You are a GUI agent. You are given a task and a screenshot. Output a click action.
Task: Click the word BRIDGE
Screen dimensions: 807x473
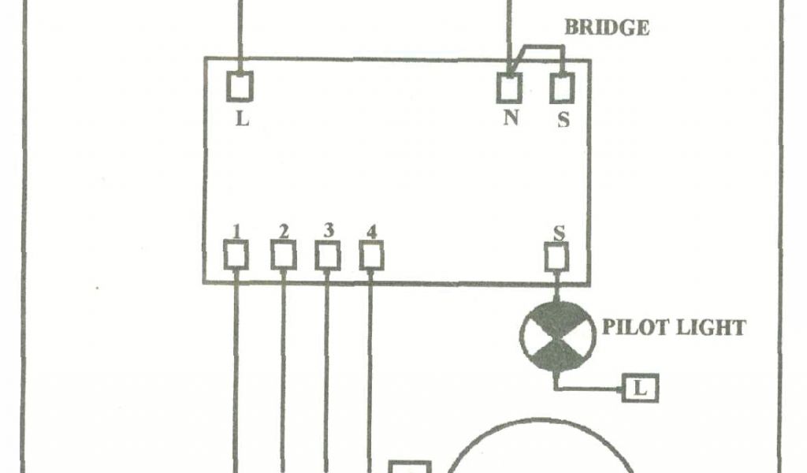pyautogui.click(x=607, y=27)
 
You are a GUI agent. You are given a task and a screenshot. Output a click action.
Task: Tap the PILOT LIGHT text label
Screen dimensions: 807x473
pyautogui.click(x=674, y=326)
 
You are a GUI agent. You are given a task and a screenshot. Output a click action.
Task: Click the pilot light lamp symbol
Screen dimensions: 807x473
pyautogui.click(x=556, y=337)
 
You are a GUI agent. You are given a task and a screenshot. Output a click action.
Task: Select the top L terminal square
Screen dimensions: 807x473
pyautogui.click(x=240, y=86)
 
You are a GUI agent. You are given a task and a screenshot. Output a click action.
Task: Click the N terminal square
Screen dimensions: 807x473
pyautogui.click(x=509, y=88)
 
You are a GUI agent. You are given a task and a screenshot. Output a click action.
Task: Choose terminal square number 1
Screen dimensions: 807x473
pyautogui.click(x=236, y=255)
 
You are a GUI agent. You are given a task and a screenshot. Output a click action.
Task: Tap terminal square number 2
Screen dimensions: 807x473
pyautogui.click(x=284, y=255)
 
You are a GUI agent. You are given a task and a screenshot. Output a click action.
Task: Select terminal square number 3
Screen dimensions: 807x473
pyautogui.click(x=328, y=255)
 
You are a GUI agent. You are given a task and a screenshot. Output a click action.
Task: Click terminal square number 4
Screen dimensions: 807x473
pyautogui.click(x=371, y=255)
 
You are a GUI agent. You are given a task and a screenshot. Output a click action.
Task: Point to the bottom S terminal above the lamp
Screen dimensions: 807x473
pyautogui.click(x=557, y=257)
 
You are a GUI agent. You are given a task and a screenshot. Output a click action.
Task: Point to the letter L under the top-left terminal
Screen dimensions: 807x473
pyautogui.click(x=243, y=121)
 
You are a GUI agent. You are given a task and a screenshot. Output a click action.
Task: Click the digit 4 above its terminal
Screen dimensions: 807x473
pyautogui.click(x=371, y=232)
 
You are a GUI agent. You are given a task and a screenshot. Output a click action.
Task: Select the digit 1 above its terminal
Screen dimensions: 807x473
pyautogui.click(x=236, y=232)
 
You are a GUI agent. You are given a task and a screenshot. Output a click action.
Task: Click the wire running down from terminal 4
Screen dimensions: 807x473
pyautogui.click(x=370, y=371)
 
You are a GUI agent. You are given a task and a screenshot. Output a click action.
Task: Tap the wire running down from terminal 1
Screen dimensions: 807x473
pyautogui.click(x=236, y=371)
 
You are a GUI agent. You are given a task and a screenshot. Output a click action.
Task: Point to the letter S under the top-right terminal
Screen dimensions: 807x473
pyautogui.click(x=563, y=121)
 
